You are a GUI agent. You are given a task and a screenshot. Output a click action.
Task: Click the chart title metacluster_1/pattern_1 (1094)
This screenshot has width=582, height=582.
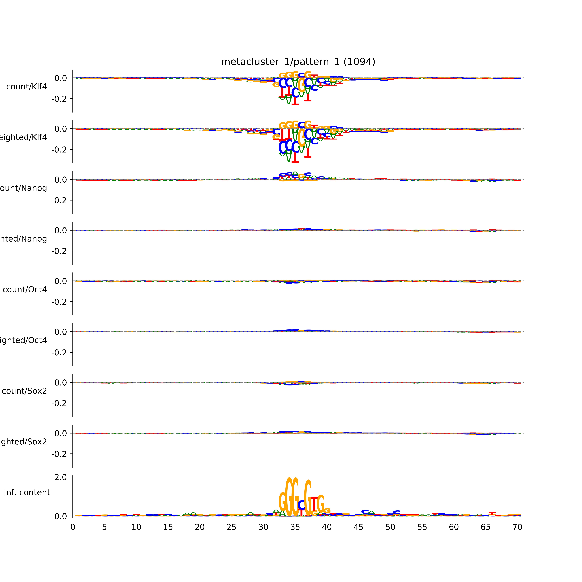298,62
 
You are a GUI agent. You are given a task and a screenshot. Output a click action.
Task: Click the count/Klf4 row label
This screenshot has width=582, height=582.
26,87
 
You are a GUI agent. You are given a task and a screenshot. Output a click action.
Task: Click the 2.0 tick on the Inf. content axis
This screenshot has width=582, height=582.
61,477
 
